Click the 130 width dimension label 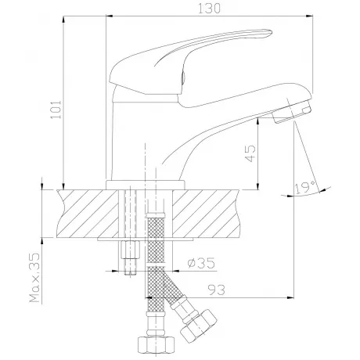point(209,9)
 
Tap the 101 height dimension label point(56,110)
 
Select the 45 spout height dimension point(250,153)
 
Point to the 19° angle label point(305,188)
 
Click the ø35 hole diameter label point(201,263)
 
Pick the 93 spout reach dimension point(216,290)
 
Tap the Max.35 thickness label point(35,278)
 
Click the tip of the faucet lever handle point(272,32)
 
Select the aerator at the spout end point(292,112)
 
